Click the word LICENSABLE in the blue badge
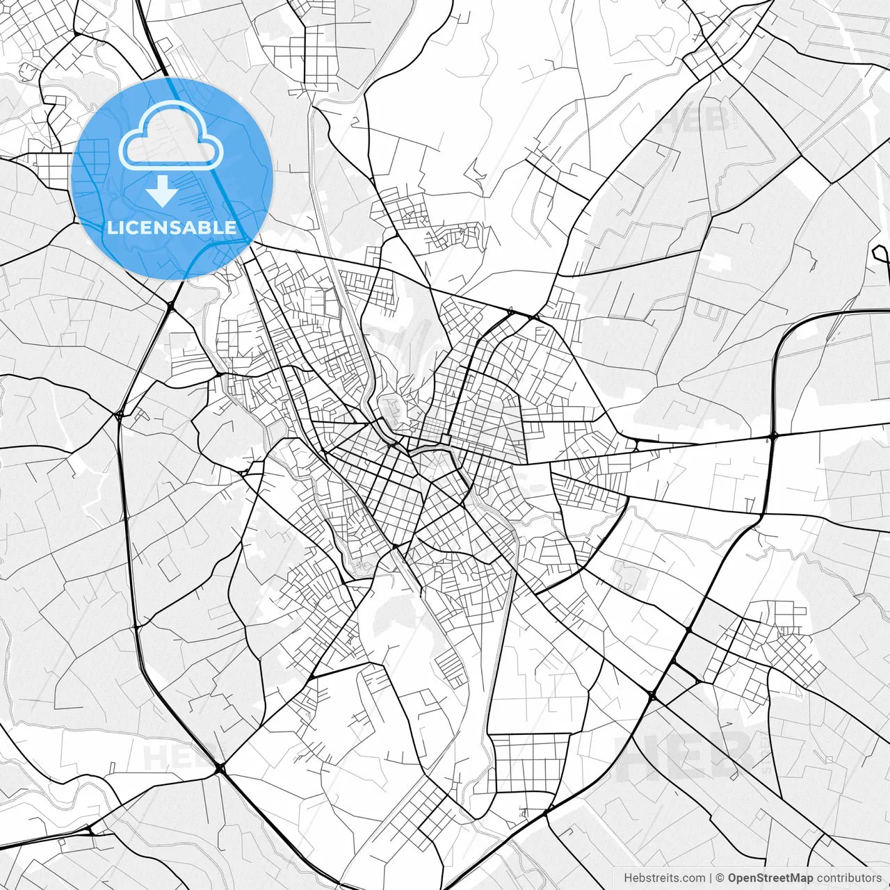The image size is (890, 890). tap(171, 227)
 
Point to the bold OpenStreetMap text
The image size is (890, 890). tap(770, 877)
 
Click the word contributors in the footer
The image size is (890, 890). tap(848, 877)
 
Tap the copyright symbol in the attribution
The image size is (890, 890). tap(720, 877)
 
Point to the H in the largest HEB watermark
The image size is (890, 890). tap(638, 755)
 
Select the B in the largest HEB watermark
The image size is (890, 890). tap(731, 755)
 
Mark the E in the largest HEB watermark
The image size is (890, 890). tap(686, 755)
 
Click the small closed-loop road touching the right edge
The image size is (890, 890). tap(882, 254)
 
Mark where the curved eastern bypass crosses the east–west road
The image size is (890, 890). tap(774, 437)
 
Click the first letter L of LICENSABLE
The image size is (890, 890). tap(111, 227)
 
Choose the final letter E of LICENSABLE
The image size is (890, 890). tap(231, 227)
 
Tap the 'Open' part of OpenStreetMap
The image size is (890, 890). tap(741, 877)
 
